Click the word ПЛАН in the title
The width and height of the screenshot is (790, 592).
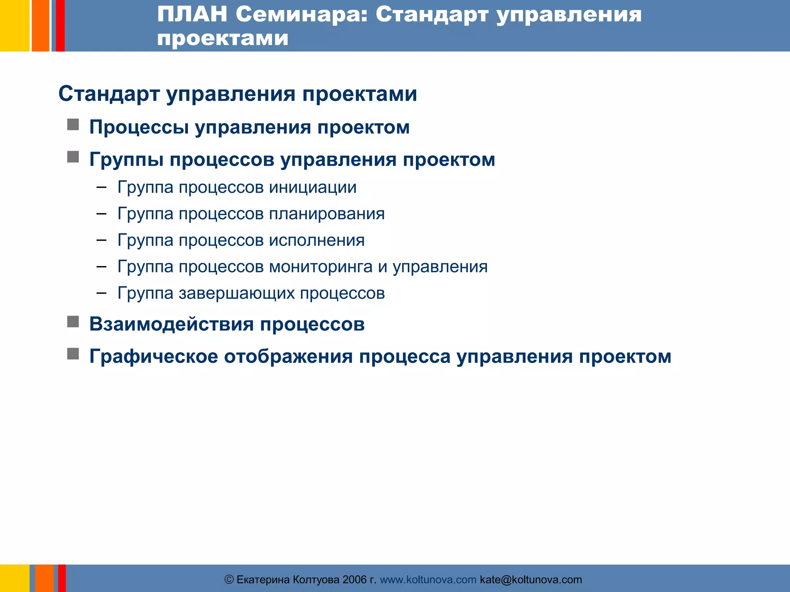192,15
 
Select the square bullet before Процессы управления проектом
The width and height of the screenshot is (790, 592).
73,124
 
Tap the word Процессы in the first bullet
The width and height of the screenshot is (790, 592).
138,128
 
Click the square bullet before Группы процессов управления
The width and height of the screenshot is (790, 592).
73,157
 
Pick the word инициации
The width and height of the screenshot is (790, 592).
312,188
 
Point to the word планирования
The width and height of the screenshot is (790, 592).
326,214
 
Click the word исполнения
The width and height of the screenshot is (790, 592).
316,240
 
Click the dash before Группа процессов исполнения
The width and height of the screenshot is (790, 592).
101,240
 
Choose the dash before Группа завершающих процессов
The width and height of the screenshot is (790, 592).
101,293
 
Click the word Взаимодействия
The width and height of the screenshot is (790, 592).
171,324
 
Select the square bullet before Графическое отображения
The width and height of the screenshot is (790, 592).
73,354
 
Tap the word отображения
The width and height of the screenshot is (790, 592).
288,357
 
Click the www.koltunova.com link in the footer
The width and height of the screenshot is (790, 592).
428,580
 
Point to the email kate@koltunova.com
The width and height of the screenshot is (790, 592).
530,580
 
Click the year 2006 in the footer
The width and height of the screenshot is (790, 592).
354,580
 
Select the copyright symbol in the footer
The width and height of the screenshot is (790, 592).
229,580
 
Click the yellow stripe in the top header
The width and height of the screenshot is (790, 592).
14,25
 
